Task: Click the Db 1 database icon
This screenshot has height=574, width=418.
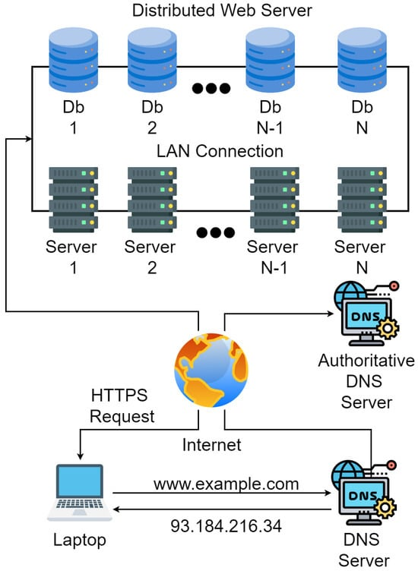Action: (x=73, y=60)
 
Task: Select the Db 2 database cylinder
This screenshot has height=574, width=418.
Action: (x=152, y=60)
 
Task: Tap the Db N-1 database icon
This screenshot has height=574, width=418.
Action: (x=271, y=60)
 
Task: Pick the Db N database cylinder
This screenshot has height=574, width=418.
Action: (x=362, y=60)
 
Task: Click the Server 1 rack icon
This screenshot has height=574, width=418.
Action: (x=73, y=200)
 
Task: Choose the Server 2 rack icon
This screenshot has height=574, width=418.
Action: (x=152, y=200)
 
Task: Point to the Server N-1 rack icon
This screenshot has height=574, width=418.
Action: (x=274, y=200)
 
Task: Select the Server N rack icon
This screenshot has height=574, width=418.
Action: (x=362, y=200)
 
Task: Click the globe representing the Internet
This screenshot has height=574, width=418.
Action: (x=211, y=370)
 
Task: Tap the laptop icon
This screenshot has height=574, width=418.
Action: (x=80, y=493)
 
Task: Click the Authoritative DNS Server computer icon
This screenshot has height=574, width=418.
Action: (x=366, y=314)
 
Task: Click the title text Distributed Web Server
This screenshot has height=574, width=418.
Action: (x=222, y=11)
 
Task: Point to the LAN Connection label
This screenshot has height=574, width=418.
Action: (x=220, y=151)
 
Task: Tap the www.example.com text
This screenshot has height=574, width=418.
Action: (x=226, y=484)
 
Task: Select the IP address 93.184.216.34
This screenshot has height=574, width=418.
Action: (x=226, y=526)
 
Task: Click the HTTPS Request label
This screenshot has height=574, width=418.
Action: (x=122, y=406)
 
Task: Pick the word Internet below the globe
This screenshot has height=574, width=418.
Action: (x=212, y=445)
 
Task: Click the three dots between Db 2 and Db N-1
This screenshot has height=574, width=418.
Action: (x=211, y=88)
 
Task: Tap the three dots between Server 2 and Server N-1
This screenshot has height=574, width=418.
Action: (x=215, y=232)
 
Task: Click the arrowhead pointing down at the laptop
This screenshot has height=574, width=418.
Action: (x=81, y=456)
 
